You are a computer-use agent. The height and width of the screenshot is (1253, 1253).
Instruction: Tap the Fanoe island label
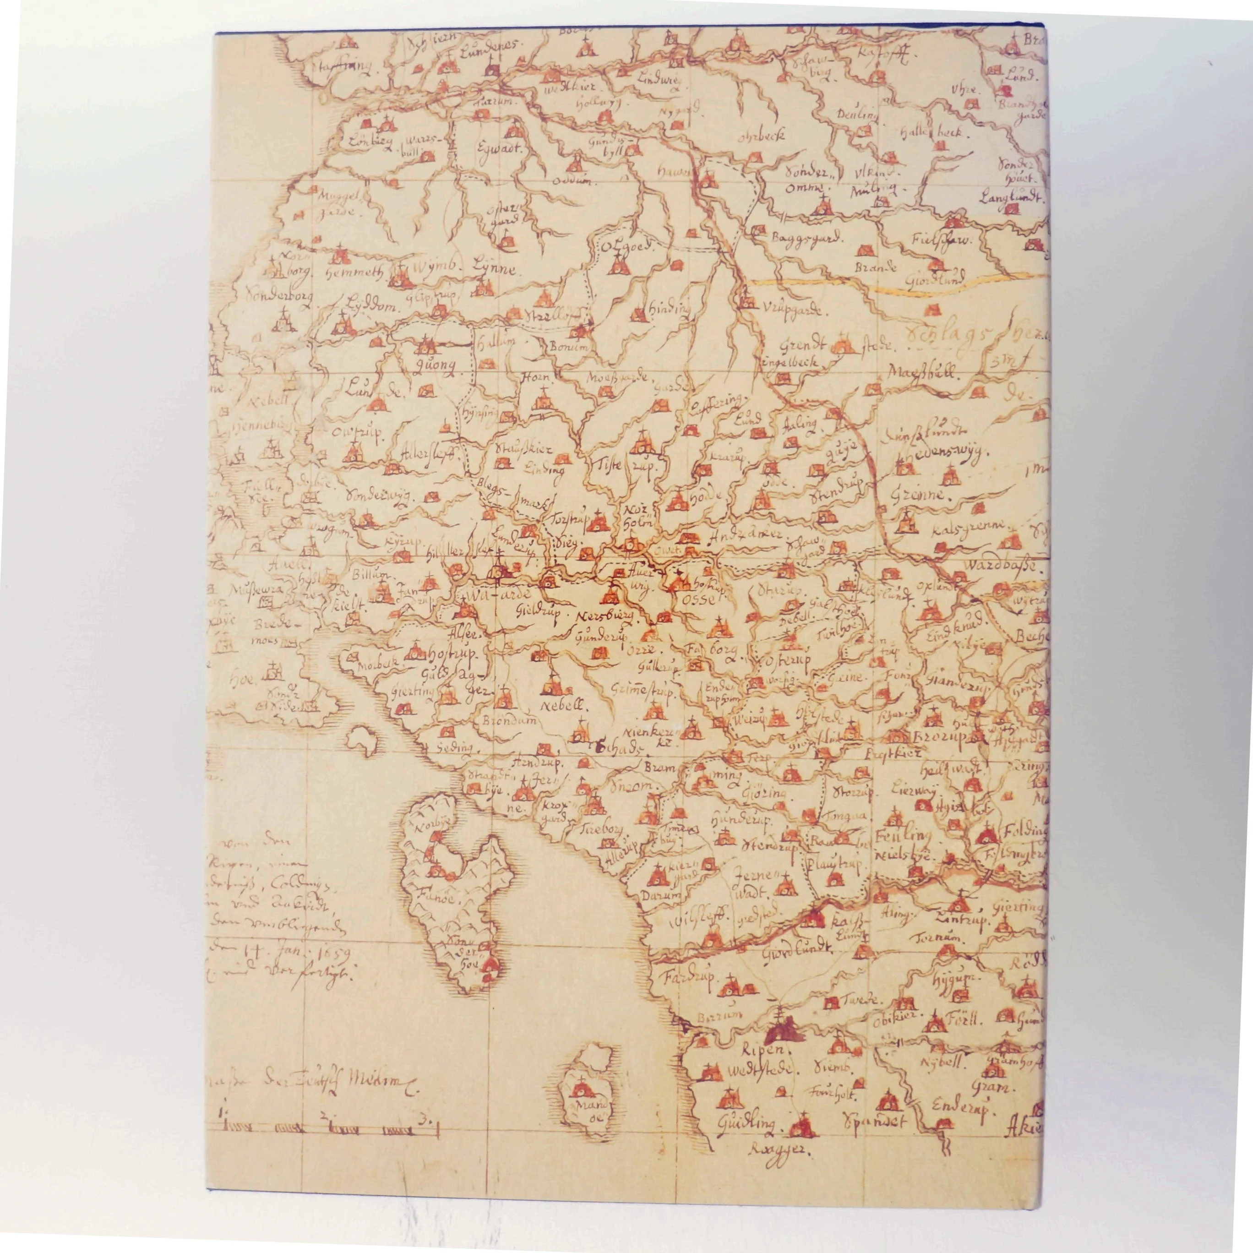pos(444,901)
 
